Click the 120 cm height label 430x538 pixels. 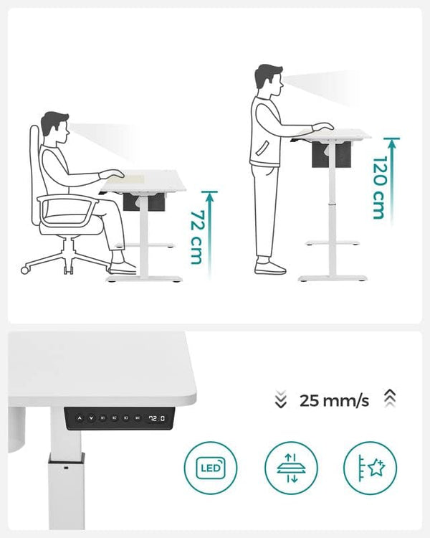click(x=380, y=188)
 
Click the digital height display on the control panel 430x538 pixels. click(x=157, y=418)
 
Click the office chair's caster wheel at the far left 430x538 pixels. click(x=25, y=270)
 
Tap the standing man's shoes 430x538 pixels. click(x=270, y=267)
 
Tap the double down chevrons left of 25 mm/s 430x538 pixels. click(x=281, y=400)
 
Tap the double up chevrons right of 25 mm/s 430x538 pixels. click(x=390, y=399)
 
